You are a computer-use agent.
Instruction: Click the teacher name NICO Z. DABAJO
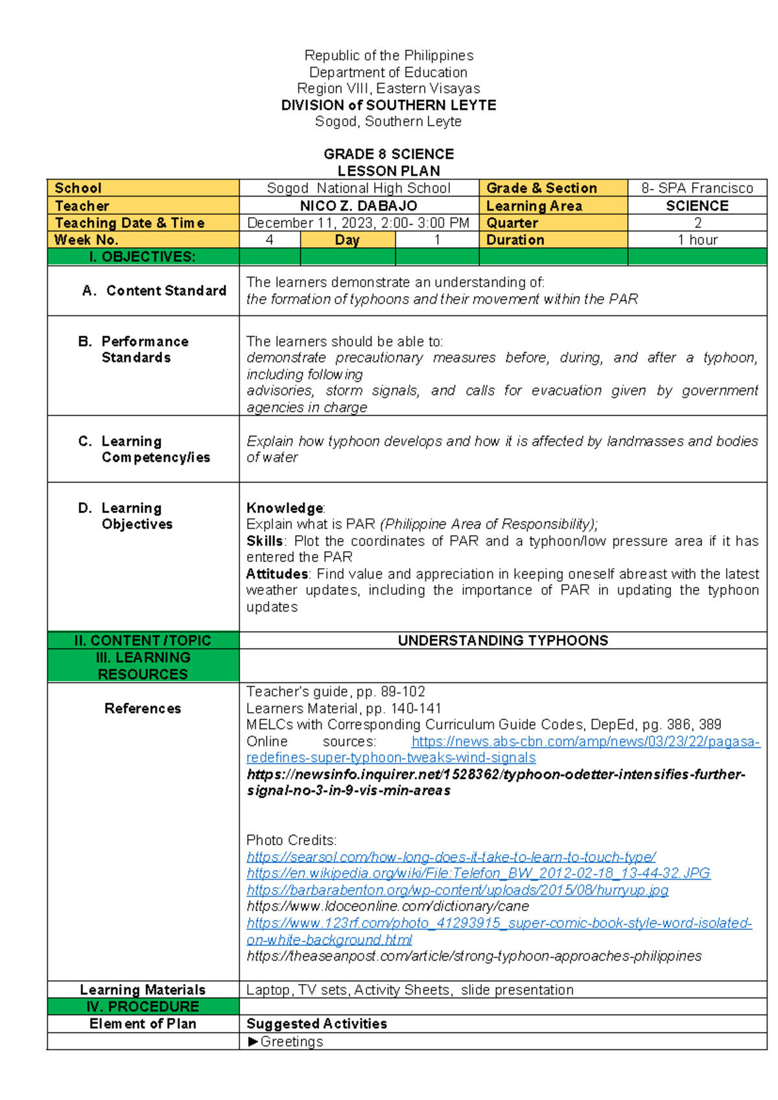(359, 206)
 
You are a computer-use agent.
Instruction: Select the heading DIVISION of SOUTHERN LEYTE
(388, 105)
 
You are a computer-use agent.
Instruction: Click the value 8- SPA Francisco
(697, 188)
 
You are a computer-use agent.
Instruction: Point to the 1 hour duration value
(697, 240)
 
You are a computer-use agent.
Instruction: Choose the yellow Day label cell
(348, 240)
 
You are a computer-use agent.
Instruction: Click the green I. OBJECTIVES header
(143, 257)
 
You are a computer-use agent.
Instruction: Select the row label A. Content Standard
(154, 291)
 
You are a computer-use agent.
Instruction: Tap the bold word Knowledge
(285, 508)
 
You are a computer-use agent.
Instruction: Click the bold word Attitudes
(277, 574)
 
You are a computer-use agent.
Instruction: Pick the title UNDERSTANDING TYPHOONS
(502, 641)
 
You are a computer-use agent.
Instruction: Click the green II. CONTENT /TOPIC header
(143, 641)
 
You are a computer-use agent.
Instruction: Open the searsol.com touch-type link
(451, 857)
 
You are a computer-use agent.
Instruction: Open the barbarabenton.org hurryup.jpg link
(457, 890)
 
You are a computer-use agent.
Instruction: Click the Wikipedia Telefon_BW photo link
(478, 874)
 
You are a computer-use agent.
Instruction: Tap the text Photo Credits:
(291, 841)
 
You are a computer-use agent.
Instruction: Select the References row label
(143, 708)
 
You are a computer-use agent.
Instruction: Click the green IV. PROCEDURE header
(143, 1007)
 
